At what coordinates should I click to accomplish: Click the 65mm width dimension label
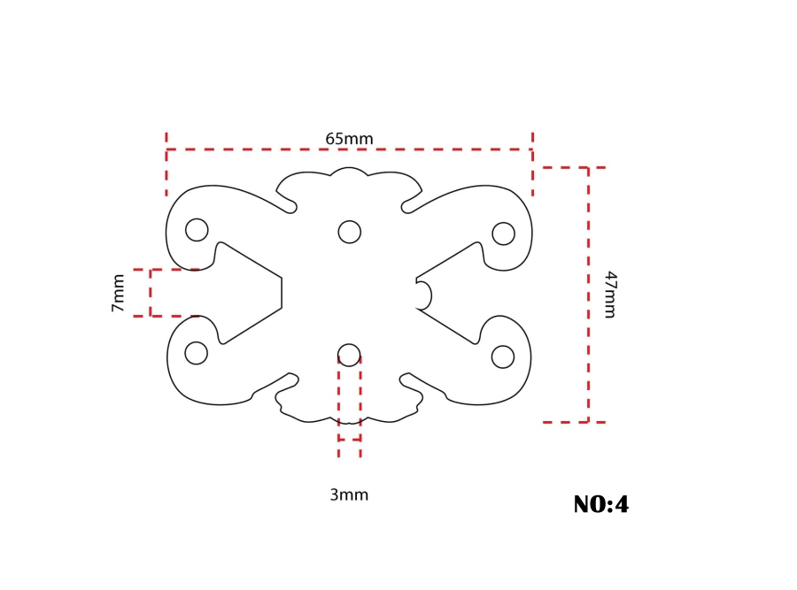(x=349, y=139)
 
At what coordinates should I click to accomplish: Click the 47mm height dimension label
(x=610, y=295)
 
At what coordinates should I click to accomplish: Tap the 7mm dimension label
(x=118, y=293)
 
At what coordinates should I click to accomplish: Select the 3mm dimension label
(x=349, y=495)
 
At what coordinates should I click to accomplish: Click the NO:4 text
(x=600, y=505)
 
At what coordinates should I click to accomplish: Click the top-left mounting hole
(x=197, y=230)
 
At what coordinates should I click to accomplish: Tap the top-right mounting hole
(x=503, y=234)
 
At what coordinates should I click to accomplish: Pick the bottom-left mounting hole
(x=196, y=353)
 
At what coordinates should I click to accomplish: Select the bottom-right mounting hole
(x=502, y=356)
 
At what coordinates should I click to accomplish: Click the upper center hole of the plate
(x=350, y=232)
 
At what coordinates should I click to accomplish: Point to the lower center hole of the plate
(x=350, y=355)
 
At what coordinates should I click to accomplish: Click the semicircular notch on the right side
(x=423, y=295)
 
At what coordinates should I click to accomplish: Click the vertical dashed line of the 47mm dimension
(x=588, y=295)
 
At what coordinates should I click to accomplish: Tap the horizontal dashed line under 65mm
(x=349, y=149)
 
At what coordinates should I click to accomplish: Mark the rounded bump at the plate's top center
(x=349, y=172)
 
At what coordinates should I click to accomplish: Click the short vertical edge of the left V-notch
(x=282, y=293)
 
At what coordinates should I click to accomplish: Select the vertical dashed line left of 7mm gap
(x=151, y=293)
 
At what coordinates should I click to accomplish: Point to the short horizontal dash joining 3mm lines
(x=349, y=440)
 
